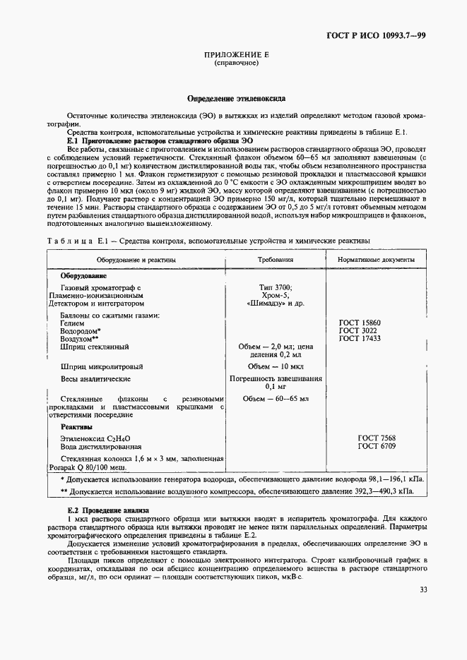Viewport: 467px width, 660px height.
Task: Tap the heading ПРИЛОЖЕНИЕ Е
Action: [232, 54]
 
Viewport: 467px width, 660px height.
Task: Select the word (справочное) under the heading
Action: [232, 63]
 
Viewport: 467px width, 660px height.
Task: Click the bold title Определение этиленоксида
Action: [232, 98]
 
